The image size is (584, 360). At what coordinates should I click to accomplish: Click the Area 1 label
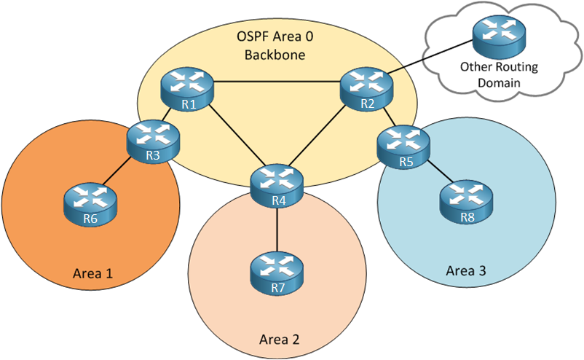tap(93, 274)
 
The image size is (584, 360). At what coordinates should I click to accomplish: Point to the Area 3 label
tap(466, 271)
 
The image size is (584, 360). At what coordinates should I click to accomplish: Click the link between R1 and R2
tap(277, 82)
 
